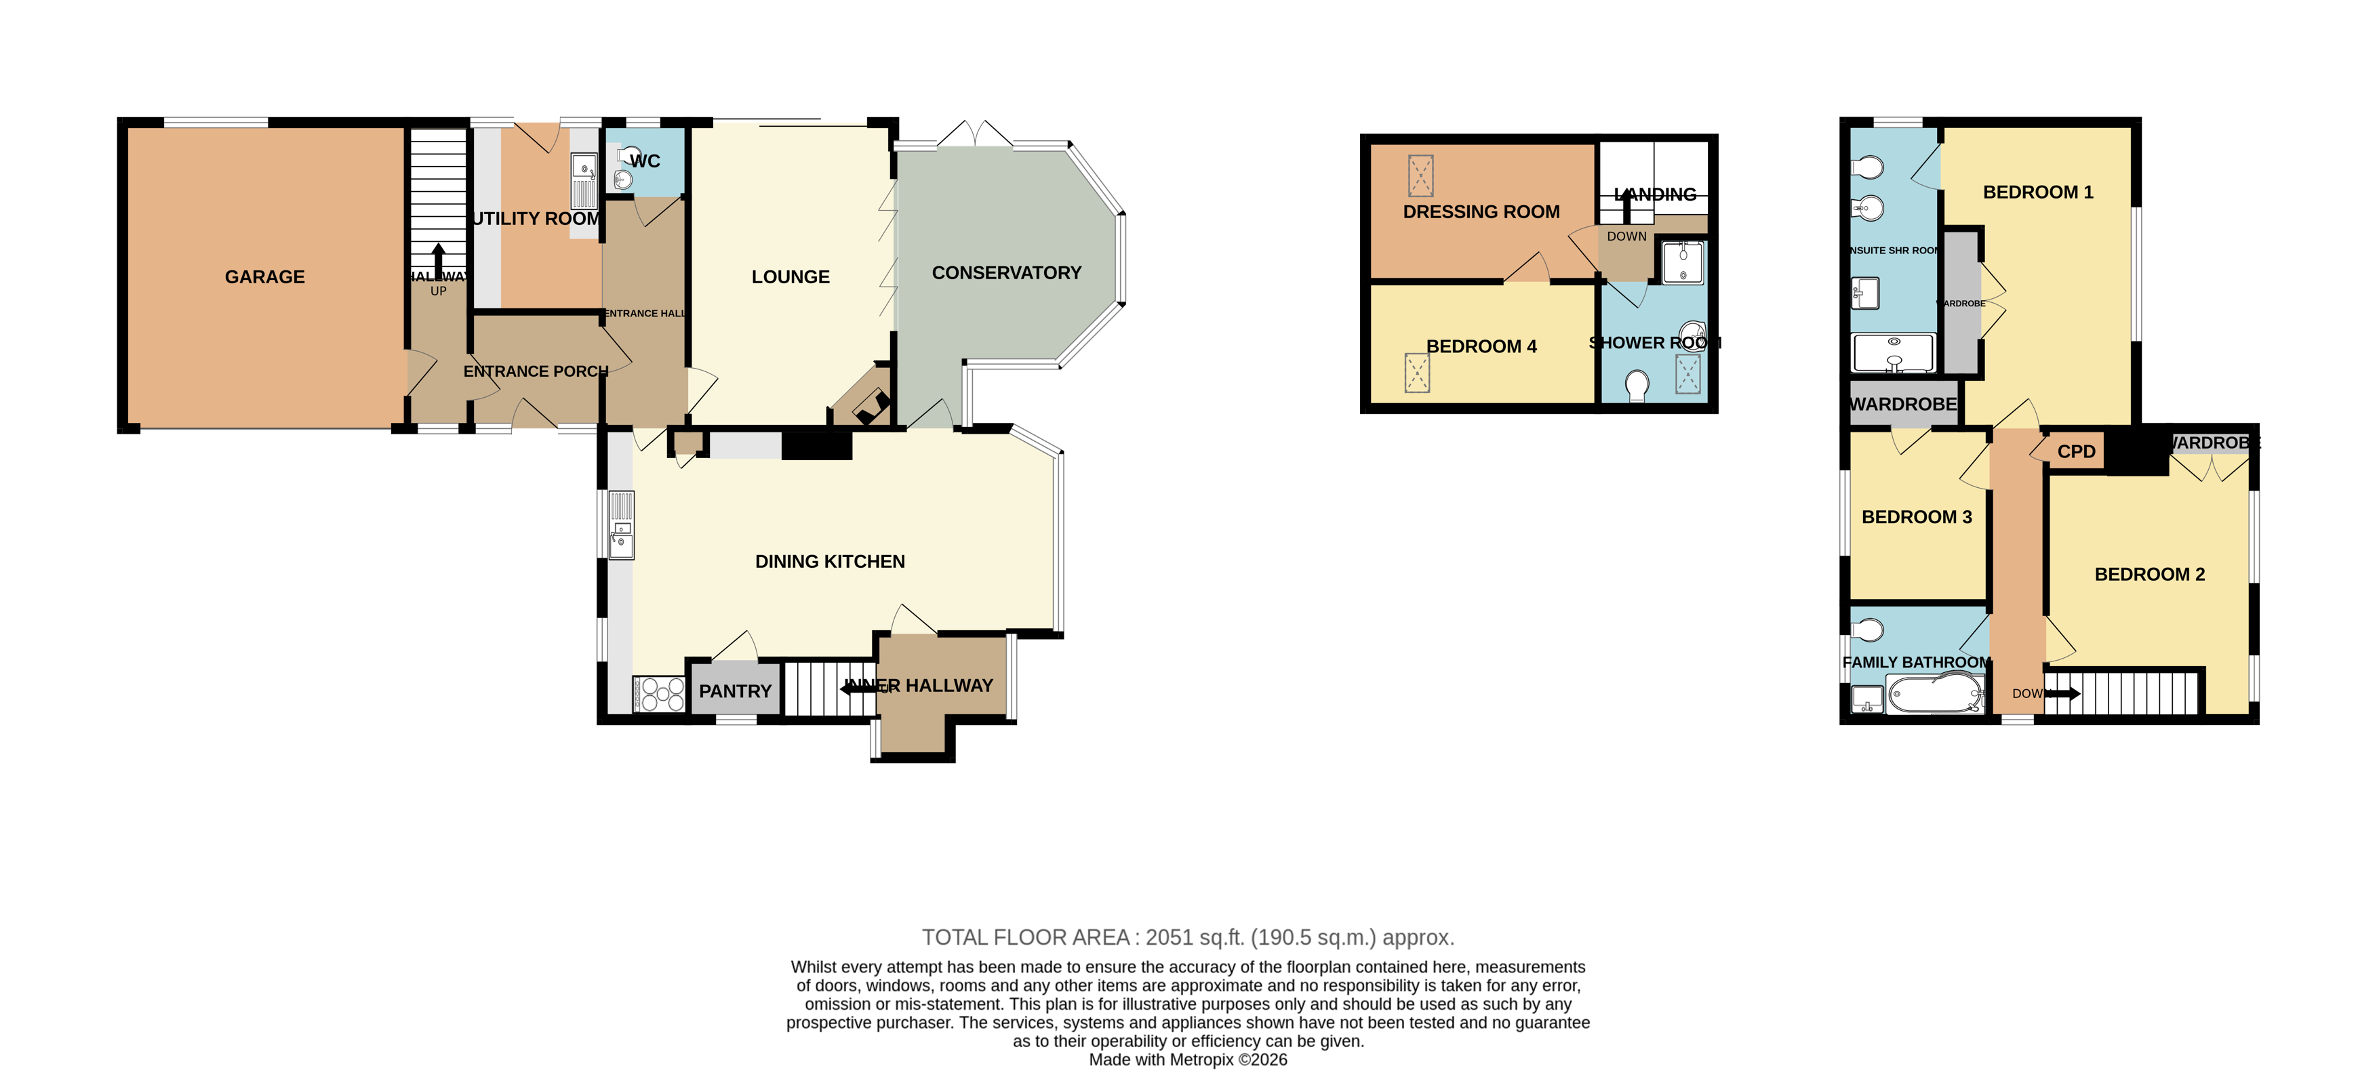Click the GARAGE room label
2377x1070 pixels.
[x=265, y=276]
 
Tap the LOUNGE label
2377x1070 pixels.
[x=790, y=276]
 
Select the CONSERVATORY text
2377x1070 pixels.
[x=1006, y=273]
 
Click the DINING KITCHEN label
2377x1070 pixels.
[x=830, y=562]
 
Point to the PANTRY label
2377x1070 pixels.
[x=734, y=692]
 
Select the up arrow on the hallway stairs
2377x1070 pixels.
[x=438, y=256]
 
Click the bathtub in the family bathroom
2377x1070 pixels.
[x=1934, y=695]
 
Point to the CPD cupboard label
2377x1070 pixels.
[x=2076, y=452]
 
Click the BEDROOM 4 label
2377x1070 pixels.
[x=1481, y=347]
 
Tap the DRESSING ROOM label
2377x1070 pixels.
[x=1481, y=212]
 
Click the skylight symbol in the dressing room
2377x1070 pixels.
[x=1420, y=176]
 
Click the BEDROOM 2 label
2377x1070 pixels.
[x=2149, y=575]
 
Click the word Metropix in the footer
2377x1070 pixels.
[x=1202, y=1060]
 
